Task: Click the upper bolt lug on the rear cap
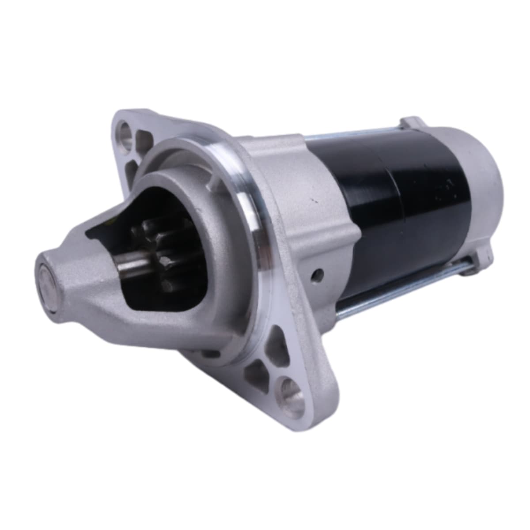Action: tap(411, 122)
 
